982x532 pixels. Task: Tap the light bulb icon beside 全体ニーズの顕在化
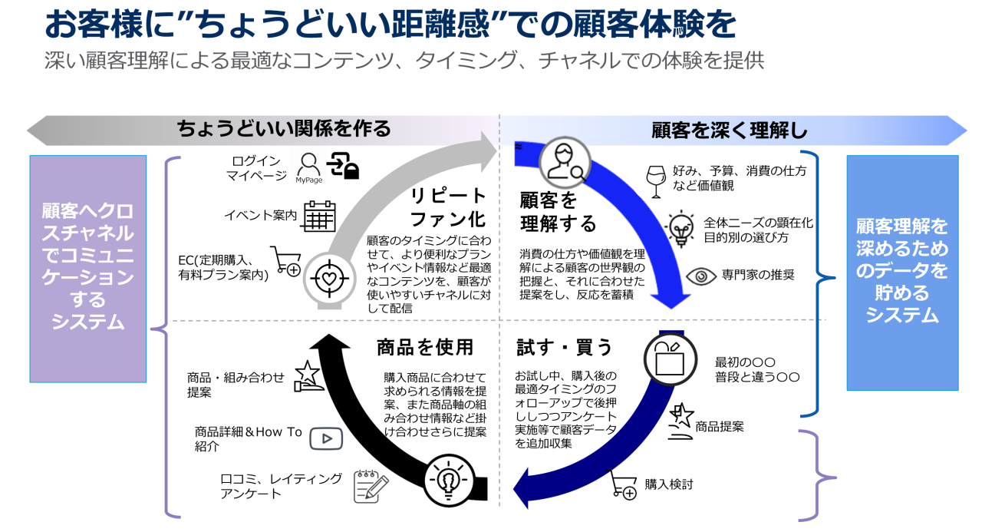tap(680, 228)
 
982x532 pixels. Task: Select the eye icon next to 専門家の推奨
tap(700, 276)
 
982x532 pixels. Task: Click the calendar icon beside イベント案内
tap(319, 216)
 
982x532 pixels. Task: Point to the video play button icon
tap(326, 438)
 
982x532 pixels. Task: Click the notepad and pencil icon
tap(371, 486)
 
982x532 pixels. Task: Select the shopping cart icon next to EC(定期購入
tap(286, 263)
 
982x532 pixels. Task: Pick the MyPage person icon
tap(308, 166)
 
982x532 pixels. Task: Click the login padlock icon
tap(344, 165)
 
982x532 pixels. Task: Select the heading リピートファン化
tap(449, 206)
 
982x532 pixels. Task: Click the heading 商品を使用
tap(425, 348)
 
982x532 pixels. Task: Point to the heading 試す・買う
tap(565, 348)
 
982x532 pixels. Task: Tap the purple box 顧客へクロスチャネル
tap(87, 268)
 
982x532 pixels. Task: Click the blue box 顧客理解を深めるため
tap(902, 272)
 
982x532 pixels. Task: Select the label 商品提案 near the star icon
tap(719, 426)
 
